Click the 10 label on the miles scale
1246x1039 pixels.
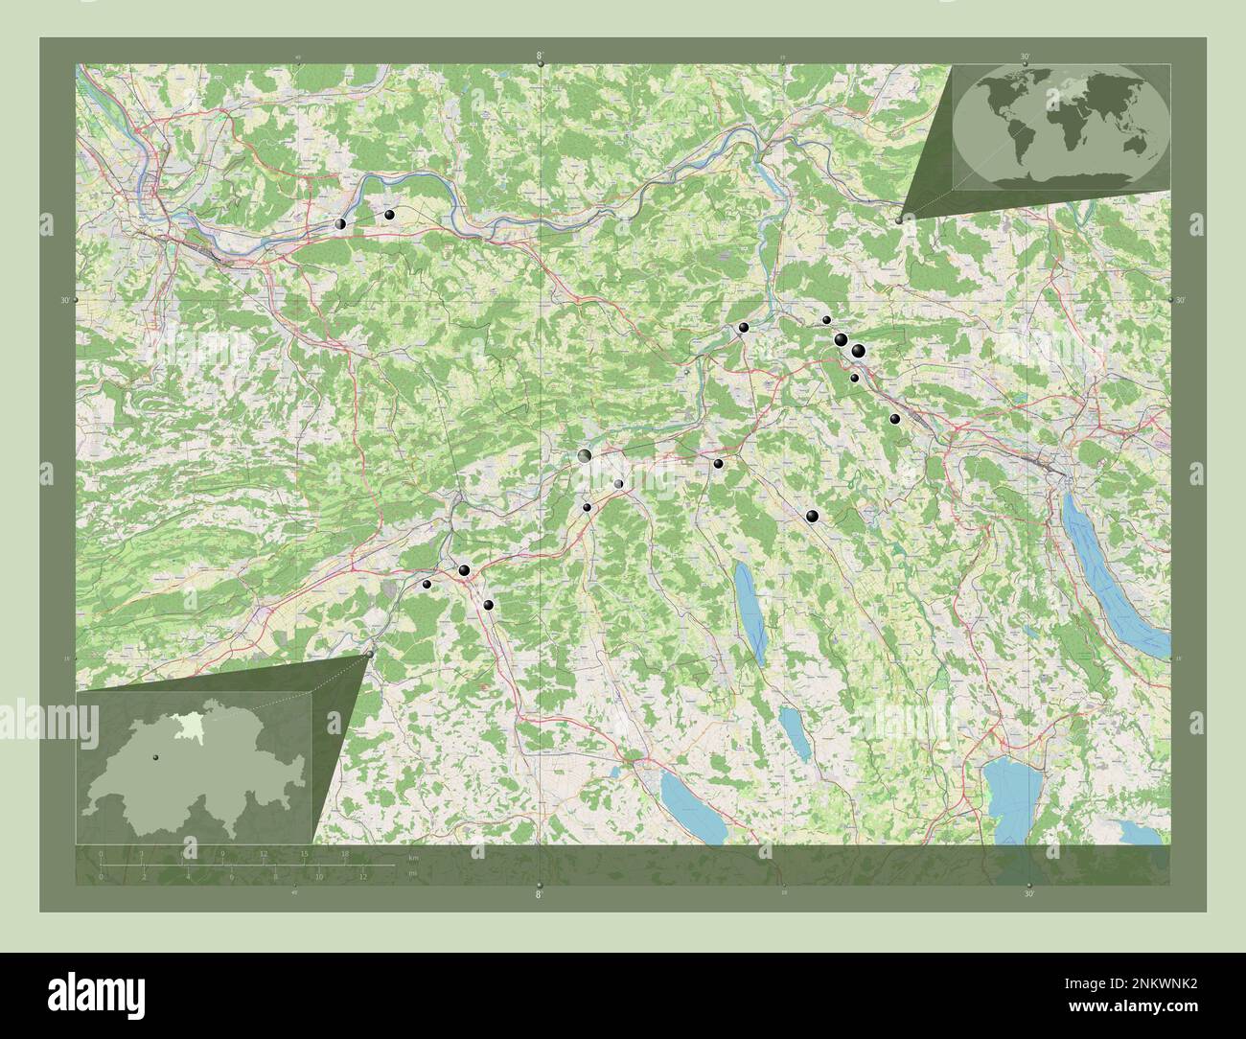pos(318,876)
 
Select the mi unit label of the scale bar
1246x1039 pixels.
pos(413,873)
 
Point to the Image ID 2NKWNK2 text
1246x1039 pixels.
pos(1129,982)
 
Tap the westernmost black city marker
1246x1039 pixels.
pos(340,224)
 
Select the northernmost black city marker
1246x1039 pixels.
pos(389,215)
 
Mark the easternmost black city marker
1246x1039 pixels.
pos(894,419)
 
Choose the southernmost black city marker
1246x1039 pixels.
pos(489,606)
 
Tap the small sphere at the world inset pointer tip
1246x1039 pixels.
pos(899,220)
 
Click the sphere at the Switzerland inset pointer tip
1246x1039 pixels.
pos(370,655)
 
